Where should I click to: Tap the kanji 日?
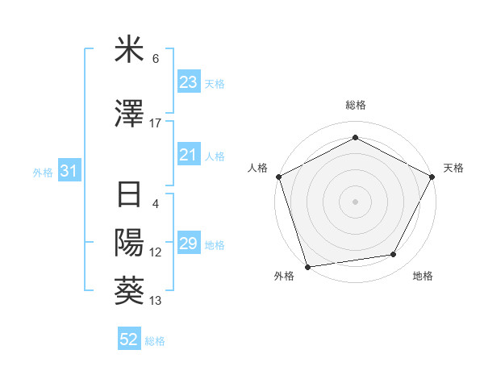point(130,197)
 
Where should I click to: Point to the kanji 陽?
point(130,244)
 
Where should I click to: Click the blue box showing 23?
point(188,82)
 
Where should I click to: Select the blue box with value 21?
point(188,156)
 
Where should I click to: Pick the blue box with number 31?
point(69,171)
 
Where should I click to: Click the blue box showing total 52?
point(129,340)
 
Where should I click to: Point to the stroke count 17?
point(156,123)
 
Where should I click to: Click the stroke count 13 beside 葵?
point(156,301)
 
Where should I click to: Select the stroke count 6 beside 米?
point(156,59)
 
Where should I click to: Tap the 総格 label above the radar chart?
point(356,106)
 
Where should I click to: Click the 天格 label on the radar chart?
point(453,168)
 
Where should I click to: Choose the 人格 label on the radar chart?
point(257,168)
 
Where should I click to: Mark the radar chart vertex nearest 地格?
point(394,255)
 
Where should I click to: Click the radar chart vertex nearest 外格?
point(307,266)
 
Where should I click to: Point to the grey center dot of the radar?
point(355,201)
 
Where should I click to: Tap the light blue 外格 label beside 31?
point(42,172)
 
